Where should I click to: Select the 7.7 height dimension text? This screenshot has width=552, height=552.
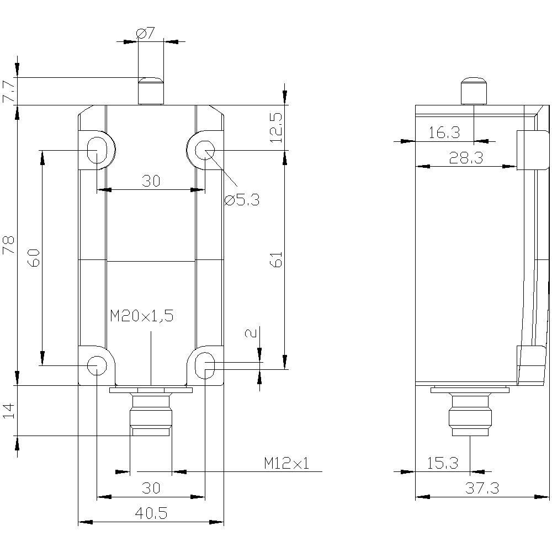[x=9, y=90]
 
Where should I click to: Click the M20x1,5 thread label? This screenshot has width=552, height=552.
[x=141, y=316]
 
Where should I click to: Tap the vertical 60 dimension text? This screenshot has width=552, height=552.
[x=34, y=258]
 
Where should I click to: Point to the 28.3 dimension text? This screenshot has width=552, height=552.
[x=465, y=158]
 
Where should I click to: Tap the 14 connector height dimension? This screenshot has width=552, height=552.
[x=9, y=411]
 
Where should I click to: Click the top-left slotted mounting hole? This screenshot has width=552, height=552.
[x=97, y=149]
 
